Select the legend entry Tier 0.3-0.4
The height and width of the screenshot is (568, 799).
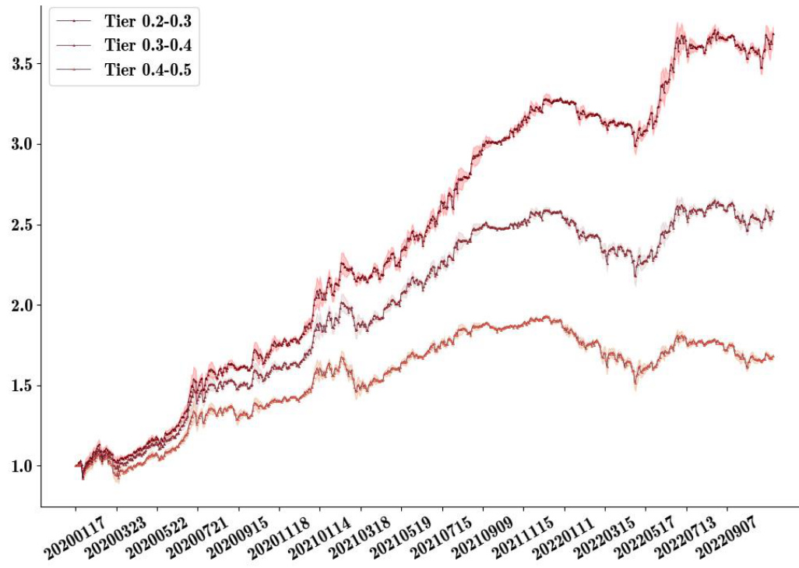[148, 46]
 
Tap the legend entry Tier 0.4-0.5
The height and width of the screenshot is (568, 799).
[148, 71]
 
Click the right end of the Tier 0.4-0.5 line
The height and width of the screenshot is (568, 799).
[773, 357]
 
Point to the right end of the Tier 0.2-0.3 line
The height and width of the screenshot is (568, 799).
[773, 34]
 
